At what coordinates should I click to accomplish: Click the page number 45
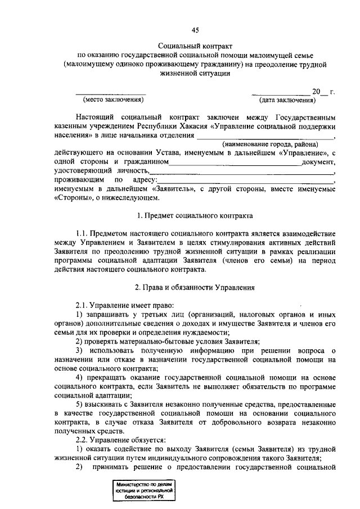[195, 30]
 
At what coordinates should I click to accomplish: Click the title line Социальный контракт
[195, 45]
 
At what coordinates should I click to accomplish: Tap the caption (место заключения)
[114, 100]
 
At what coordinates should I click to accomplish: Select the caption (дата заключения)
[286, 100]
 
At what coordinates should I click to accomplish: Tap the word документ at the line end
[318, 162]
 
